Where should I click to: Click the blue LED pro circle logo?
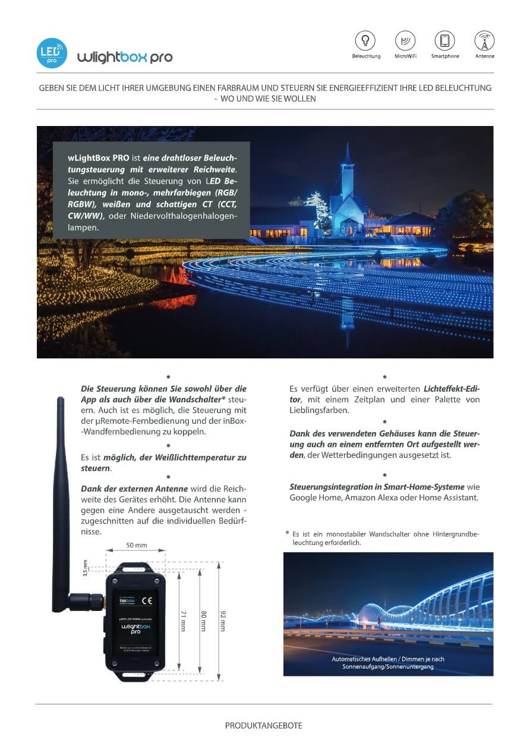(52, 53)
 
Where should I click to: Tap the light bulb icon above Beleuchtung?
(365, 40)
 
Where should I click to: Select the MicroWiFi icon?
(405, 40)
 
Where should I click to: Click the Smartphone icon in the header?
(444, 40)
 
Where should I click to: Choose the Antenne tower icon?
(484, 40)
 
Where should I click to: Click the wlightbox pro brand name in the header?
(125, 57)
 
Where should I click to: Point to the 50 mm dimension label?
(137, 545)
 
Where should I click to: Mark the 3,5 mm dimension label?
(85, 569)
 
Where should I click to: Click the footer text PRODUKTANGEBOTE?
(264, 726)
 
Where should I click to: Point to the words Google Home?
(315, 497)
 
